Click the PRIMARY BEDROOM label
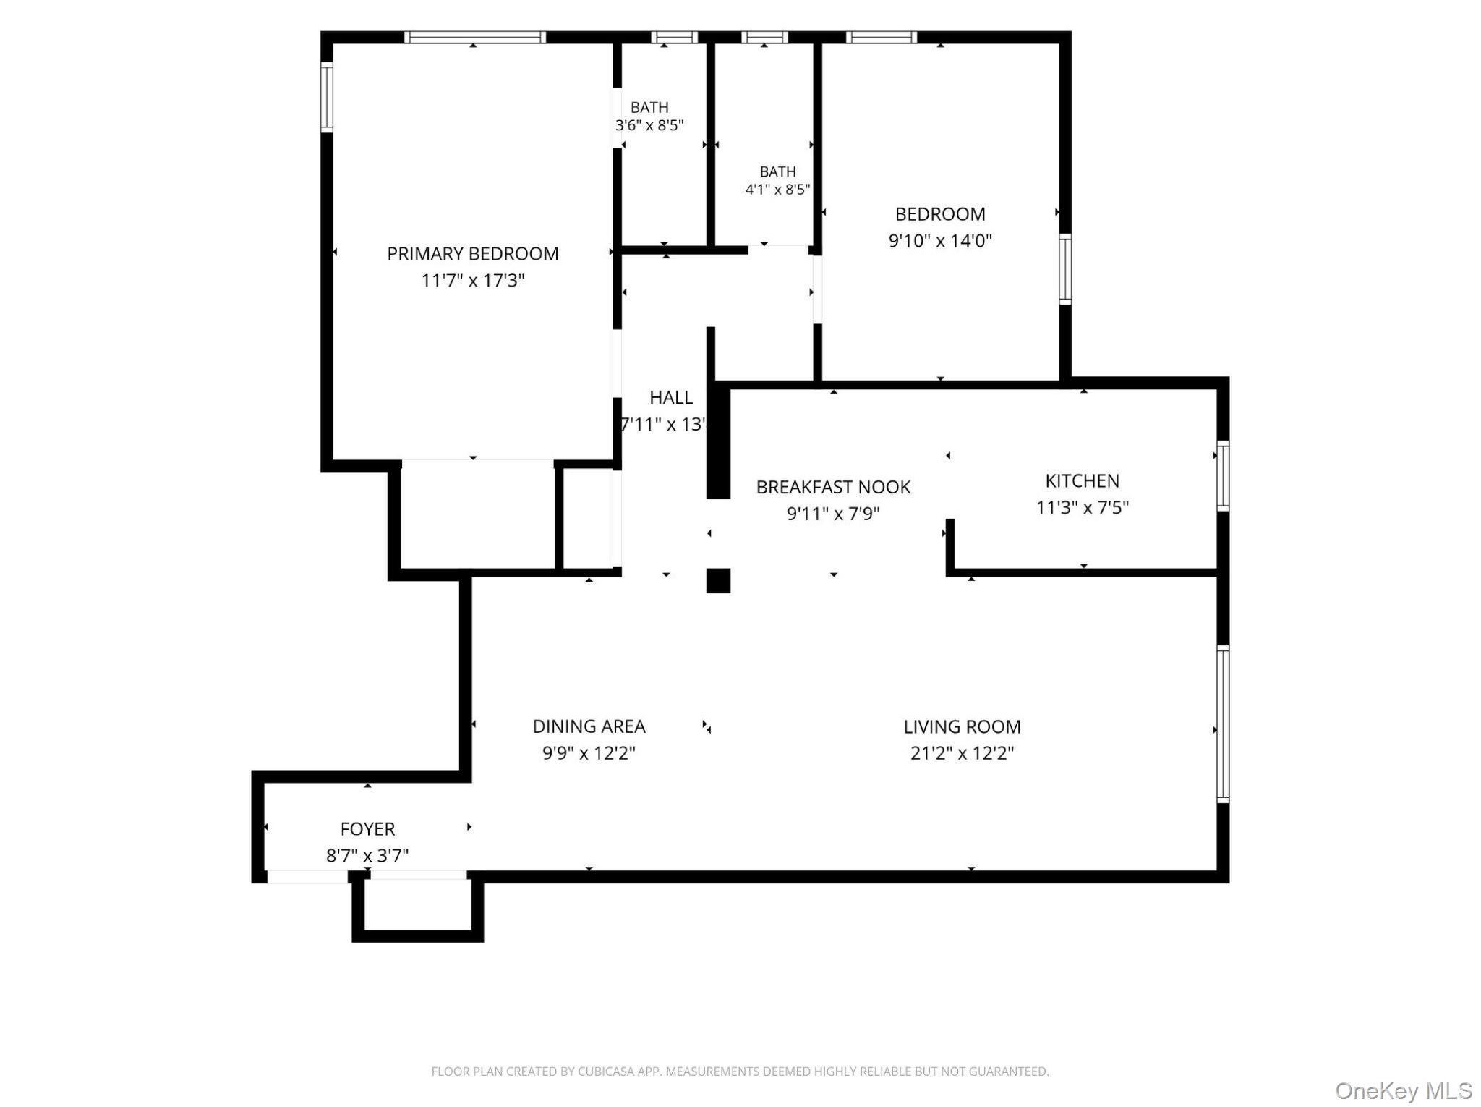point(472,254)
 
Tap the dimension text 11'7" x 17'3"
point(472,281)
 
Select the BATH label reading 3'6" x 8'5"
point(649,108)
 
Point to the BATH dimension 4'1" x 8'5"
point(777,190)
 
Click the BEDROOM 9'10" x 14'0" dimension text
point(940,240)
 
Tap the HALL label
point(671,397)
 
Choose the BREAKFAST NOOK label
point(833,487)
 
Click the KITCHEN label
point(1082,480)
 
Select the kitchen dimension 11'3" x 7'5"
point(1082,507)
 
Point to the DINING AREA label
point(589,726)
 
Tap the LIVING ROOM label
point(962,726)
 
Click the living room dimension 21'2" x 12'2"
point(962,753)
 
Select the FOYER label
point(367,829)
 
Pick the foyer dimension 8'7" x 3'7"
point(367,856)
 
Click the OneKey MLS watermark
point(1404,1090)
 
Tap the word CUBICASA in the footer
point(607,1072)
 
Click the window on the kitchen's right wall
point(1223,475)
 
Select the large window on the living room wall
point(1223,724)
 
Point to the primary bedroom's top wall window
point(474,37)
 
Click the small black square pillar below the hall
point(718,580)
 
